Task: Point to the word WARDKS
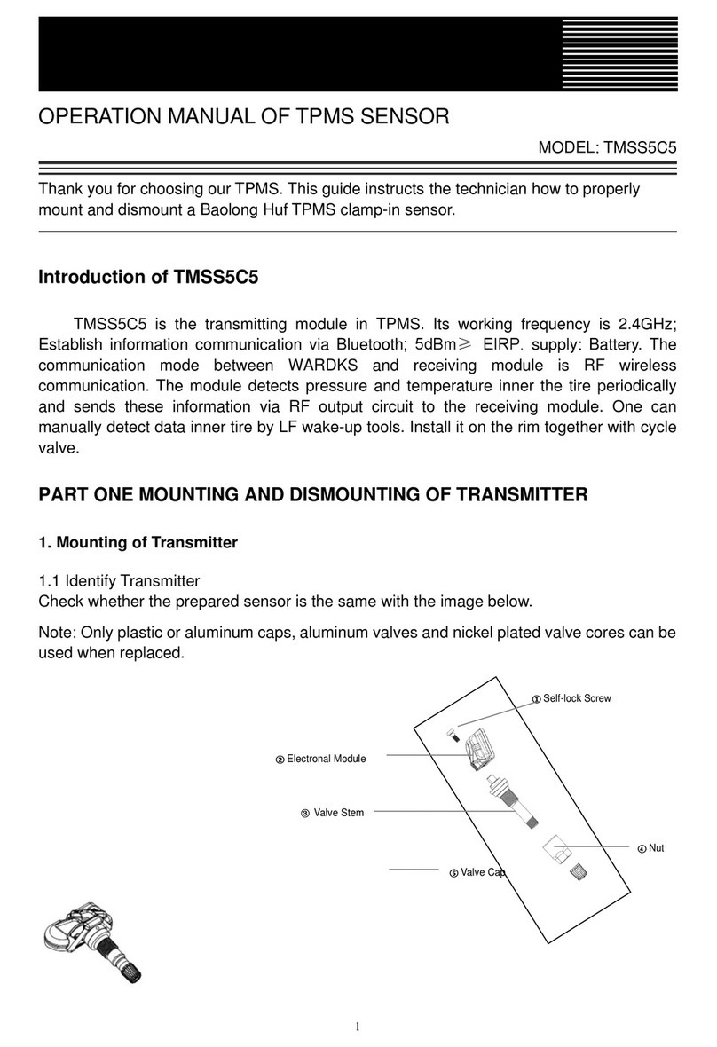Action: [329, 366]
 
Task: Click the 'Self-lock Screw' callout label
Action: [576, 698]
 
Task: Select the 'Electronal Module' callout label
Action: [325, 759]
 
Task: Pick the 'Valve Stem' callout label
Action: [338, 812]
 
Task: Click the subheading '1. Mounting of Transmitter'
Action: [138, 543]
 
